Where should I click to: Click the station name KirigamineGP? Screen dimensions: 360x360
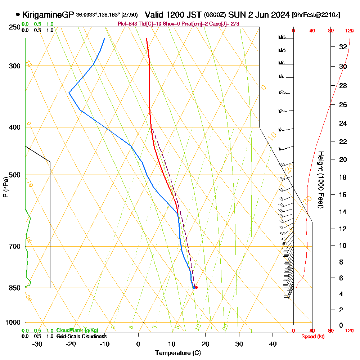[48, 15]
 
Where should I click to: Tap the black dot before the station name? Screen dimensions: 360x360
[18, 15]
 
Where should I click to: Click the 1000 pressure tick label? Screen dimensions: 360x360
[13, 323]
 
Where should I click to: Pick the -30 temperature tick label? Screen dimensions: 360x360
[37, 344]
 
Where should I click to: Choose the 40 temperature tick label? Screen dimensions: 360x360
[273, 344]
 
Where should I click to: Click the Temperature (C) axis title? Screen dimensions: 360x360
[177, 353]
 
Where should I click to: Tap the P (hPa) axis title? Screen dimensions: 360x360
[5, 187]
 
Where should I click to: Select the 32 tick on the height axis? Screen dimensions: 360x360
[343, 47]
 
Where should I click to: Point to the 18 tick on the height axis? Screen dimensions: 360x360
[343, 177]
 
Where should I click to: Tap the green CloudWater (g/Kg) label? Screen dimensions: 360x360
[77, 330]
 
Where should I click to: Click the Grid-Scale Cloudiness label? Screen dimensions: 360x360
[81, 336]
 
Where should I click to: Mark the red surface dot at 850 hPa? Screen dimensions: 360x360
[196, 287]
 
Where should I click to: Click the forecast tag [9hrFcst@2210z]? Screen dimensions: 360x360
[316, 15]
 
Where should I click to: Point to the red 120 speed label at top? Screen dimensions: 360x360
[349, 31]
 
